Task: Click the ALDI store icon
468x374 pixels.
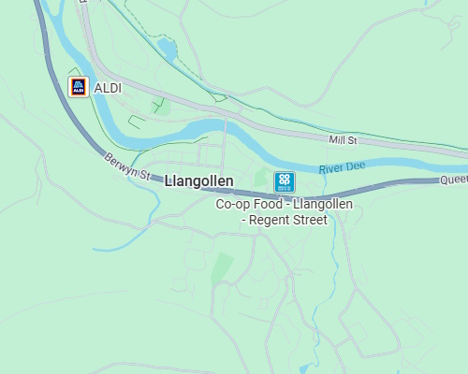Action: tap(80, 87)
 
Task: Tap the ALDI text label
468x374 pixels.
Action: tap(109, 88)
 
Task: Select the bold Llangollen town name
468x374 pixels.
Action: tap(198, 181)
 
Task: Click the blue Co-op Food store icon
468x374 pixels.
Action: tap(285, 181)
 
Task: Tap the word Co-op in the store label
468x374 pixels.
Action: tap(233, 204)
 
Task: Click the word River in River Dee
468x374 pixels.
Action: tap(332, 169)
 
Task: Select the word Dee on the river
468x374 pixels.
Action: tap(354, 166)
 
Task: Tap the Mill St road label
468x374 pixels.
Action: tap(344, 140)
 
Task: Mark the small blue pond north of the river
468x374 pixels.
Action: tap(167, 47)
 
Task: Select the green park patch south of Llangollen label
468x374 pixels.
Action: tap(223, 266)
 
